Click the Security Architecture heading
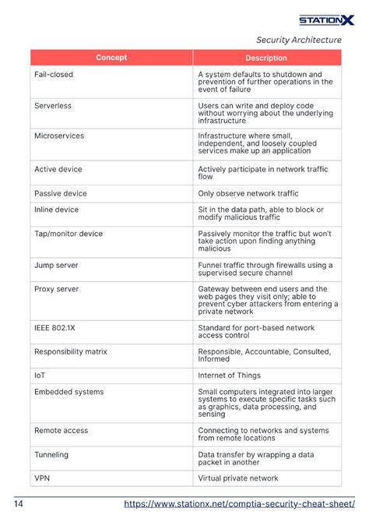(x=299, y=40)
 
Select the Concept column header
(x=111, y=58)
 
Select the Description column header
(x=266, y=58)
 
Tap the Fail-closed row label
(x=53, y=74)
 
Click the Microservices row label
(x=59, y=136)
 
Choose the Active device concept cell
(x=58, y=169)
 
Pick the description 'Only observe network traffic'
(x=248, y=193)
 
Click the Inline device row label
(x=56, y=210)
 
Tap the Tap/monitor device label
(x=69, y=233)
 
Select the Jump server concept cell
(x=56, y=265)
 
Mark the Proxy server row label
(x=57, y=288)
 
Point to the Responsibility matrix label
(x=71, y=351)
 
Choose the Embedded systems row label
(x=69, y=392)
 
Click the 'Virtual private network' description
(x=237, y=478)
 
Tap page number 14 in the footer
(x=18, y=504)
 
